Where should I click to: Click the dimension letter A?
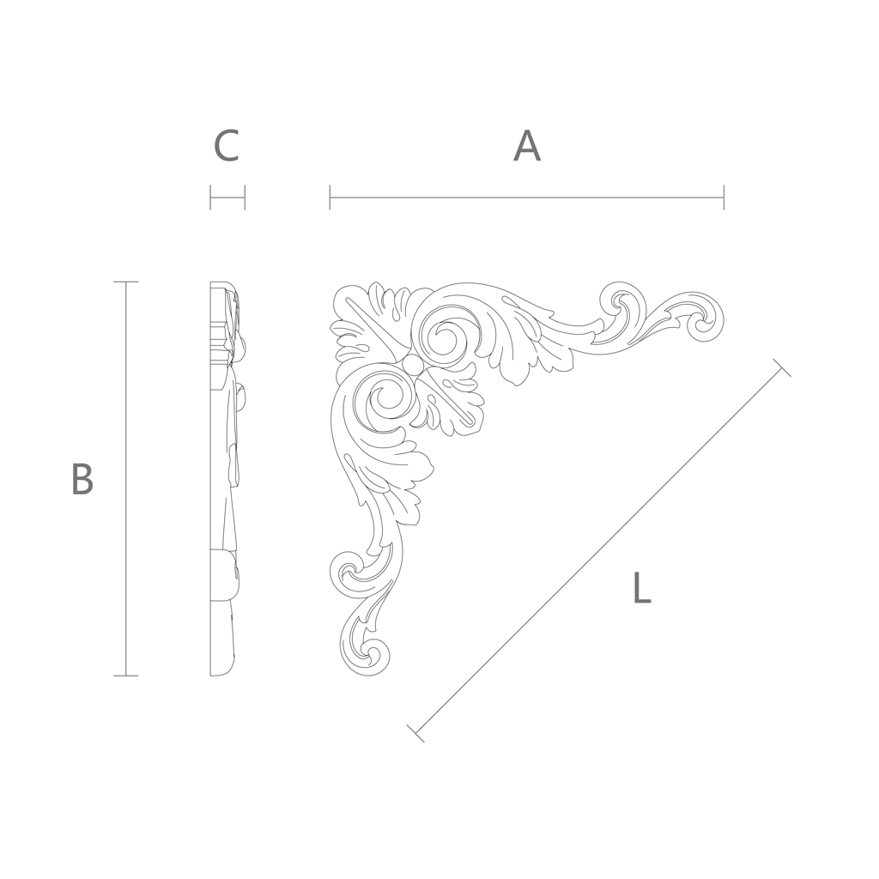527,146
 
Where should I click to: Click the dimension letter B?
82,479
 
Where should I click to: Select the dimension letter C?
227,146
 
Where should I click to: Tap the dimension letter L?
642,587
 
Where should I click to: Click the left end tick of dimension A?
330,197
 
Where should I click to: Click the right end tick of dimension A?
724,197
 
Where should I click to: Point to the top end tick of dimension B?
125,282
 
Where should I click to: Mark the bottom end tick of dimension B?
125,676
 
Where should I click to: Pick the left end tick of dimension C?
210,197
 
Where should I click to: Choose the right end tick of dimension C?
245,197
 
